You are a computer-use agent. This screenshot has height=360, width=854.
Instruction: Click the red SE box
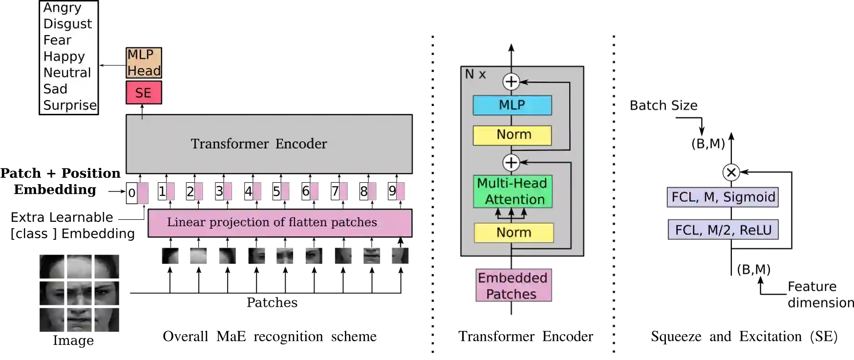144,93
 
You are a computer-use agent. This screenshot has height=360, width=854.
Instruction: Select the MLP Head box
144,63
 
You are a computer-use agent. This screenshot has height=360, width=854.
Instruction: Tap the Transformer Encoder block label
259,144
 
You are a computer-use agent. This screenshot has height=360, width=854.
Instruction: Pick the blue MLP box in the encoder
512,105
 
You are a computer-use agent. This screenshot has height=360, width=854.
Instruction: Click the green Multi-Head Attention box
512,191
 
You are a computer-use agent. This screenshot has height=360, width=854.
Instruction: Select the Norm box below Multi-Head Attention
513,233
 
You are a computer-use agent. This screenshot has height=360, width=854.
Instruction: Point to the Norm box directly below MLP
512,135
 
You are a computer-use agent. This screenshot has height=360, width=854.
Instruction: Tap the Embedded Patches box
512,286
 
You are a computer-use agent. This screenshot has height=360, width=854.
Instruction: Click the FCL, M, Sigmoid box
723,197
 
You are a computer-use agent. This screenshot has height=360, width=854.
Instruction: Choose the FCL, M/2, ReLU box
723,230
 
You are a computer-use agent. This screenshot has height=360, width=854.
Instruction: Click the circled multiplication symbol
731,172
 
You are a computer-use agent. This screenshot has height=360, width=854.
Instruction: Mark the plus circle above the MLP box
511,82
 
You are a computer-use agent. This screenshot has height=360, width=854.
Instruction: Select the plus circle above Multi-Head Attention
511,163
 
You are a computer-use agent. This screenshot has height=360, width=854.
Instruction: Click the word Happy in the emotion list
64,57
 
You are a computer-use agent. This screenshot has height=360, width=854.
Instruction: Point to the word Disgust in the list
67,24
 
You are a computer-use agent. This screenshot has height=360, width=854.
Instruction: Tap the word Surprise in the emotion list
69,106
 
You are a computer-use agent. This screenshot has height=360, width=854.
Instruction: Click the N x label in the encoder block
475,74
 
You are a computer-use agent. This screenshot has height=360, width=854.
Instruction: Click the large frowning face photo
80,293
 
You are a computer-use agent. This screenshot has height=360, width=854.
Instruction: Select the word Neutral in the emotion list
67,73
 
